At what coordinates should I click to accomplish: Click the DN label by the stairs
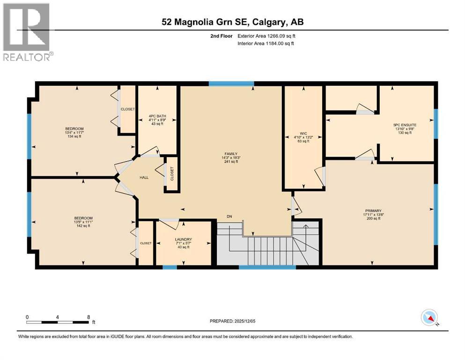[x=229, y=216]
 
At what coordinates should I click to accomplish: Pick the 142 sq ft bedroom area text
[x=83, y=225]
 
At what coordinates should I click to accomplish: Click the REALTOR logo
[x=26, y=31]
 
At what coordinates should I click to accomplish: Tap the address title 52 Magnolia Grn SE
[x=232, y=22]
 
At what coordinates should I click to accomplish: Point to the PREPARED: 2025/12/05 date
[x=233, y=321]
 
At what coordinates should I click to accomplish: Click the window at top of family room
[x=231, y=83]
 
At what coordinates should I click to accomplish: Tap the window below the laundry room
[x=170, y=267]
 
